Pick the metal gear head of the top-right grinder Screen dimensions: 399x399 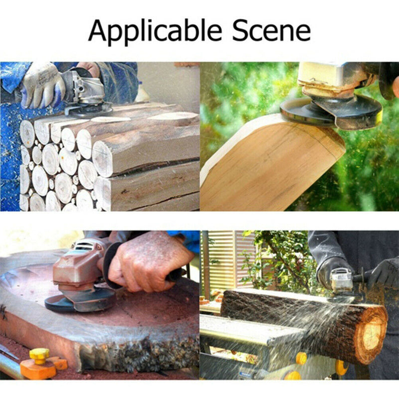coord(329,80)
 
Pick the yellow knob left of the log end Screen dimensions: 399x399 coord(301,358)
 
